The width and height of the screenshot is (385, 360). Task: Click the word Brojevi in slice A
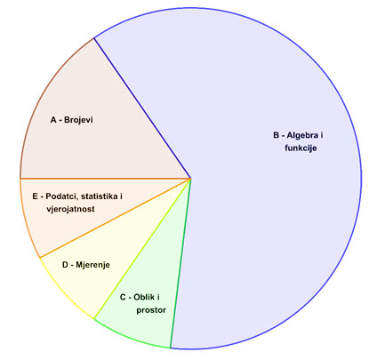78,120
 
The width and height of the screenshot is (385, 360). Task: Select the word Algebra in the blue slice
302,135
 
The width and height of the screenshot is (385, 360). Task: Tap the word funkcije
301,148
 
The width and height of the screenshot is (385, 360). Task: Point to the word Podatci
61,196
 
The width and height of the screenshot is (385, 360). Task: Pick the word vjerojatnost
70,209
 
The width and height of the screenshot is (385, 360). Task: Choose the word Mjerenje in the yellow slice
92,265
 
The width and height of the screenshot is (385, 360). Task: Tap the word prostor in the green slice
151,310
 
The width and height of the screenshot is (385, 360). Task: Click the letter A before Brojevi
53,120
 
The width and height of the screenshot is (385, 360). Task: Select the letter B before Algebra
277,135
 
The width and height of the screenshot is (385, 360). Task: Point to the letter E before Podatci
36,196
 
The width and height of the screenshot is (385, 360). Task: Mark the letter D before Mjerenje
65,265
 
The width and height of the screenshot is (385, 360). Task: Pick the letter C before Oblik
123,297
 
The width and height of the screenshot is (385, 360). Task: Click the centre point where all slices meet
190,179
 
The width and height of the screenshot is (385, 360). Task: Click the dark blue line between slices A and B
142,108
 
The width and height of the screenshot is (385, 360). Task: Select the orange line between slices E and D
115,218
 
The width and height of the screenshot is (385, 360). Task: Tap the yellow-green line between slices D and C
142,249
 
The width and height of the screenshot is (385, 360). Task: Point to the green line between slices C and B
180,263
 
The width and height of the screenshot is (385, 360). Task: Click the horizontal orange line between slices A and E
105,179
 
